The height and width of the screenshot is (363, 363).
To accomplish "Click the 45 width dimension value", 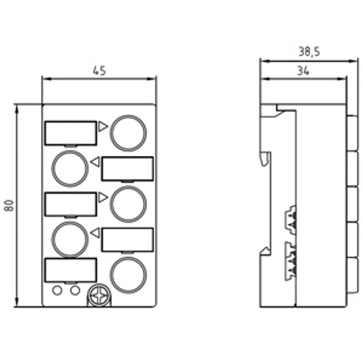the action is tap(99, 71).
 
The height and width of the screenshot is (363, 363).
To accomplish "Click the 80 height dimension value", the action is tap(9, 205).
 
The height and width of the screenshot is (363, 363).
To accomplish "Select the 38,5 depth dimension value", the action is tap(309, 51).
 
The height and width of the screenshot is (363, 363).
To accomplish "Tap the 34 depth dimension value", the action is tap(303, 71).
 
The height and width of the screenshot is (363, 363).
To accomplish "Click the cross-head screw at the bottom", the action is tap(99, 296).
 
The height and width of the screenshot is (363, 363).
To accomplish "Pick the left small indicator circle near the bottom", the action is tap(57, 290).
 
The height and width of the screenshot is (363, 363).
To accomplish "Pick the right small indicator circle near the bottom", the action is tap(75, 290).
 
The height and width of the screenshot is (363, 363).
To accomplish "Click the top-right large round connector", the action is tap(128, 133).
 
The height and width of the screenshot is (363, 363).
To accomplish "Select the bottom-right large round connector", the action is tap(128, 275).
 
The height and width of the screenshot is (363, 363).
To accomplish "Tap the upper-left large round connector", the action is tap(70, 168).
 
